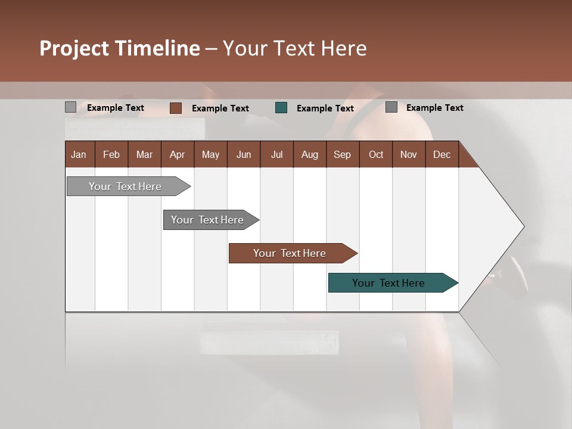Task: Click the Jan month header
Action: point(79,154)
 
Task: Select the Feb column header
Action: point(111,154)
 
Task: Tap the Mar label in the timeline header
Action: point(144,154)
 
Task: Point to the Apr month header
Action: point(177,154)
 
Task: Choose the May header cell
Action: point(210,154)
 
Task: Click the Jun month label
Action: point(244,154)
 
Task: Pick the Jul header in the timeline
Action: point(276,154)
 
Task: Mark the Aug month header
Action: point(309,154)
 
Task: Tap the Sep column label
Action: point(342,154)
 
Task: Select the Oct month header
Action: point(376,154)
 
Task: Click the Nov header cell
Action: point(408,154)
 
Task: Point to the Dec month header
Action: point(442,154)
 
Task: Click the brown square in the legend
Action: point(175,108)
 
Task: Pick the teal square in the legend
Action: point(281,108)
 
